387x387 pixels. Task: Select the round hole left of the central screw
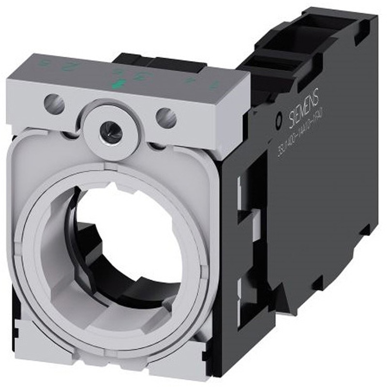(x=54, y=103)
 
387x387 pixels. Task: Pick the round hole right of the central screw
(x=166, y=116)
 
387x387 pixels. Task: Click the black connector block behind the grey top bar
(x=160, y=63)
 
